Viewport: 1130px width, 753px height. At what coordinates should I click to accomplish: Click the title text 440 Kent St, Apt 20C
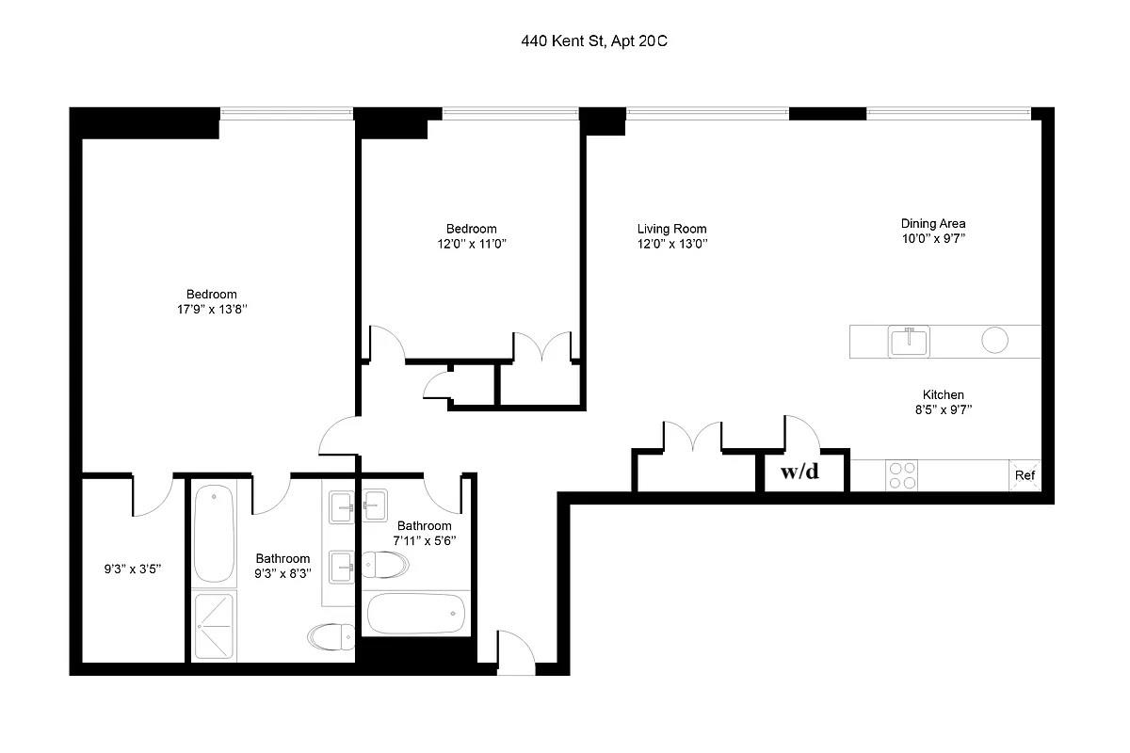pyautogui.click(x=594, y=40)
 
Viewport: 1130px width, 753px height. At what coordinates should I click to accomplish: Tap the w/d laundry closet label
pyautogui.click(x=799, y=472)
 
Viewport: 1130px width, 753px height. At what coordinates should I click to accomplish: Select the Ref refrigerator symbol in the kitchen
pyautogui.click(x=1025, y=475)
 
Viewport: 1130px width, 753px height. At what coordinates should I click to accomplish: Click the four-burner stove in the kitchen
pyautogui.click(x=902, y=475)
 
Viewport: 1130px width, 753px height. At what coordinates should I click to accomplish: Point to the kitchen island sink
pyautogui.click(x=909, y=342)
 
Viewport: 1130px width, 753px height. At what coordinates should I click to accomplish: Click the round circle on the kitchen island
pyautogui.click(x=994, y=340)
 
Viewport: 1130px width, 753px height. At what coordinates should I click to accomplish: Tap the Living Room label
pyautogui.click(x=671, y=229)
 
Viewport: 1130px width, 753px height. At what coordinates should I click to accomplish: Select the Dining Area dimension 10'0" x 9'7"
pyautogui.click(x=933, y=238)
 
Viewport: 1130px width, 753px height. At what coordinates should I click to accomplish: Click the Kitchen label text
pyautogui.click(x=943, y=394)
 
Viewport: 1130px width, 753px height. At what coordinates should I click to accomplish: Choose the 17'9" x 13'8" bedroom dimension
pyautogui.click(x=212, y=309)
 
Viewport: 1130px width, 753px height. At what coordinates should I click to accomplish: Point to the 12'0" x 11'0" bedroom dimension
pyautogui.click(x=471, y=244)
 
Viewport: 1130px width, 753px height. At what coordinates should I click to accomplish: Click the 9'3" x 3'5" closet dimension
pyautogui.click(x=132, y=569)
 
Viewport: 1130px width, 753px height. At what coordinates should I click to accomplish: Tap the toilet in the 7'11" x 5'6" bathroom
pyautogui.click(x=385, y=565)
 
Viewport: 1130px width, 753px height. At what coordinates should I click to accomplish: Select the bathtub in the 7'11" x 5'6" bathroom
pyautogui.click(x=416, y=614)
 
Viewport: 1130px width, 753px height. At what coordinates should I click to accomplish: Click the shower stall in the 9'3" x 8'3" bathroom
pyautogui.click(x=215, y=626)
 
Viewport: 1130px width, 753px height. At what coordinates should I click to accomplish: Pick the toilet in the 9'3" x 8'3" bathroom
pyautogui.click(x=331, y=637)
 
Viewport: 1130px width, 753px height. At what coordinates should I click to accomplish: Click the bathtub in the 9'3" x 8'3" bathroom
pyautogui.click(x=215, y=533)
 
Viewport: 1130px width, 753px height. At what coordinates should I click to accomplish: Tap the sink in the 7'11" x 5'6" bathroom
pyautogui.click(x=375, y=505)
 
